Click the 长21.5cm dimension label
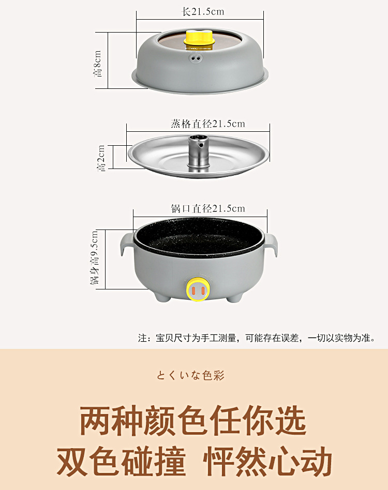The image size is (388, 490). point(203,12)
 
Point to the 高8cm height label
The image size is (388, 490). point(98,64)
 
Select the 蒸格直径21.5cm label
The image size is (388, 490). point(207,124)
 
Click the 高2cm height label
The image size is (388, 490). point(101,158)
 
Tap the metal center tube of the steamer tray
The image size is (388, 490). point(198,152)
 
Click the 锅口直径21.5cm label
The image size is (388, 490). point(208,208)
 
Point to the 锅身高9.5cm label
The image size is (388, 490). point(94,258)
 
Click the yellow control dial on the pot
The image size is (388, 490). point(198,290)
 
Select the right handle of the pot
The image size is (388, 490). point(271,246)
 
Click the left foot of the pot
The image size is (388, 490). point(163,297)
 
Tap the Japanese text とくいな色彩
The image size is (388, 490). point(190,375)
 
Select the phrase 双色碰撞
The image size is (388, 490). point(122,461)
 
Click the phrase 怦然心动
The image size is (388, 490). point(267,461)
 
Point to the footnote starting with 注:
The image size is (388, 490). point(257,338)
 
